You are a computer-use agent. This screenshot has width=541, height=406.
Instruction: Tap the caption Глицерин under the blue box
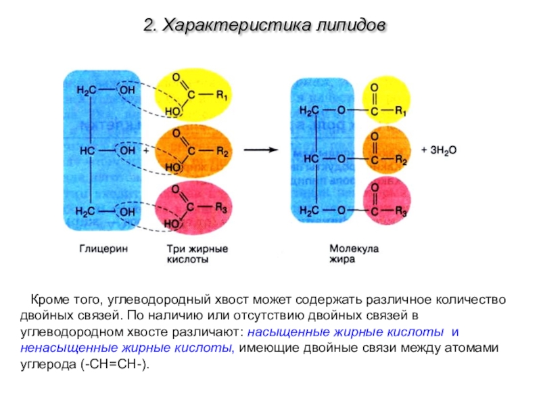[103, 248]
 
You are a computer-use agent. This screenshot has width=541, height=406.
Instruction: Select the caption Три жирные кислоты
[197, 254]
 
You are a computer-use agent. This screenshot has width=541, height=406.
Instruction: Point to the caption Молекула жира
[354, 254]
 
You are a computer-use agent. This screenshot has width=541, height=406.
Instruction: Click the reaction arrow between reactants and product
[261, 150]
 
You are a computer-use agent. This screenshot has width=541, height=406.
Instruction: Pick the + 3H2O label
[439, 150]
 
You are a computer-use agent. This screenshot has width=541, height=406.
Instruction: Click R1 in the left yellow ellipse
[222, 95]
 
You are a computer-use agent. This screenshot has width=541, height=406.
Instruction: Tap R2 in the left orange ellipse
[222, 151]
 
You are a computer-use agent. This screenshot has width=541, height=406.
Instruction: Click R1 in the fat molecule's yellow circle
[400, 111]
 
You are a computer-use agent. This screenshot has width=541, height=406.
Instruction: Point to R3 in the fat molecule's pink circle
[400, 211]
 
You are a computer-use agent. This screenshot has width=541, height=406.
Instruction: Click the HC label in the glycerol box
[87, 151]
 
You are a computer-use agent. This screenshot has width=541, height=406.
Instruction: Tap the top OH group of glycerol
[127, 90]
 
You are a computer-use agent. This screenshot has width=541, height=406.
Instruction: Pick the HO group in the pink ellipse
[172, 224]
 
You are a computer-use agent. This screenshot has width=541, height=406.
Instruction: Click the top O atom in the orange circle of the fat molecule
[375, 137]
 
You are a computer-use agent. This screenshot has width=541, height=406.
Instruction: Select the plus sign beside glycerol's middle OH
[146, 150]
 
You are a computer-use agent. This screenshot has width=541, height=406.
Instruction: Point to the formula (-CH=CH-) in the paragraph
[116, 364]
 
